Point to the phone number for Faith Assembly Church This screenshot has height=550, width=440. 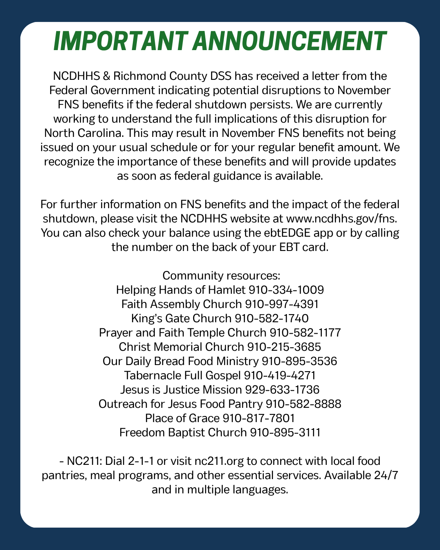click(x=282, y=304)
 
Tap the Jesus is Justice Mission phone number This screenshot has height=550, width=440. click(x=282, y=390)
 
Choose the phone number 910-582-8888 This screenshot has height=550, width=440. click(x=303, y=404)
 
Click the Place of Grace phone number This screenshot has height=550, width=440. click(x=259, y=418)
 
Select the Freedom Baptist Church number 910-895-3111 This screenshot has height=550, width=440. click(x=285, y=433)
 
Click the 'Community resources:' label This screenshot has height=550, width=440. click(x=221, y=276)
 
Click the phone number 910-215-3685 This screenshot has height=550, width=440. click(x=284, y=347)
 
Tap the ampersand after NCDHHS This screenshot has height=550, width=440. click(x=105, y=76)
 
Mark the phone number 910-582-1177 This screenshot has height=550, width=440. click(x=305, y=333)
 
